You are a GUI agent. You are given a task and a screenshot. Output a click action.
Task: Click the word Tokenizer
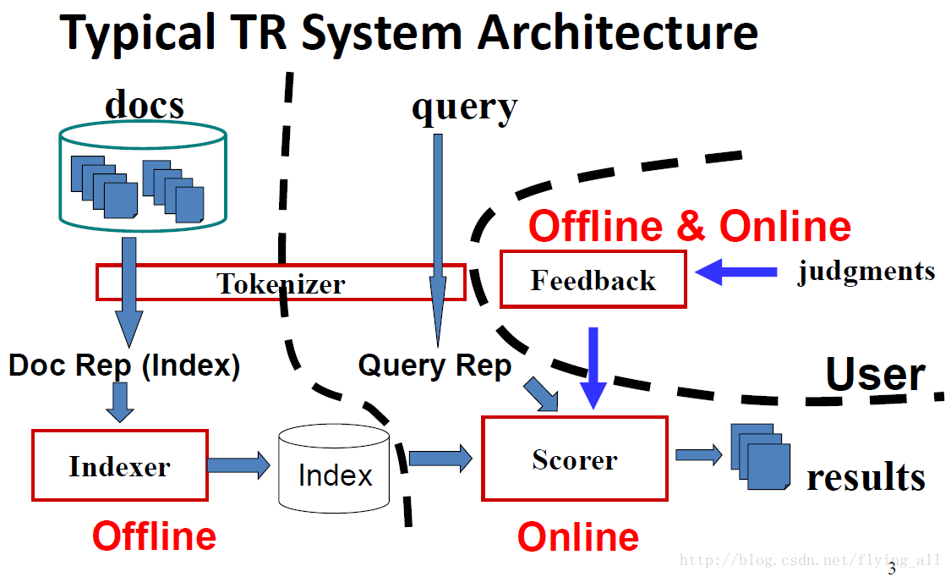pyautogui.click(x=281, y=283)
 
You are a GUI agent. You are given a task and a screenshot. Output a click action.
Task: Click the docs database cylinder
pyautogui.click(x=143, y=177)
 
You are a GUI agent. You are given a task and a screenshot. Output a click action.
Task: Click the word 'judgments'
pyautogui.click(x=866, y=272)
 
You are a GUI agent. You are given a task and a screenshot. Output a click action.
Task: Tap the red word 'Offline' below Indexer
pyautogui.click(x=154, y=536)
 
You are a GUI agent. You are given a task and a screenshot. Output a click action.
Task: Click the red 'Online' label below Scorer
pyautogui.click(x=578, y=537)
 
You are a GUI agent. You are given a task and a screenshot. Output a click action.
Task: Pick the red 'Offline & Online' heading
pyautogui.click(x=690, y=226)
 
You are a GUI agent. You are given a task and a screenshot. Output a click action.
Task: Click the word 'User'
pyautogui.click(x=875, y=374)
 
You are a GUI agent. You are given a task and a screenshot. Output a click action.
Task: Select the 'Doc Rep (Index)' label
pyautogui.click(x=124, y=365)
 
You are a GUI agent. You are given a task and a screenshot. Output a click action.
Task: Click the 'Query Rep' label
pyautogui.click(x=435, y=365)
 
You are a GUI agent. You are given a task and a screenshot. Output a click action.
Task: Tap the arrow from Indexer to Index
pyautogui.click(x=238, y=465)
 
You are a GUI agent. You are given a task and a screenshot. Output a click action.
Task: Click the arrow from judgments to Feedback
pyautogui.click(x=735, y=272)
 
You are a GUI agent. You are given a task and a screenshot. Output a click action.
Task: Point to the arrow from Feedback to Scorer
pyautogui.click(x=593, y=368)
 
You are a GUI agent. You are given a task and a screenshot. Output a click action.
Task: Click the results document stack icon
pyautogui.click(x=761, y=456)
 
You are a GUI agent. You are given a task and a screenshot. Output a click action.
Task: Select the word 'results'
pyautogui.click(x=866, y=477)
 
